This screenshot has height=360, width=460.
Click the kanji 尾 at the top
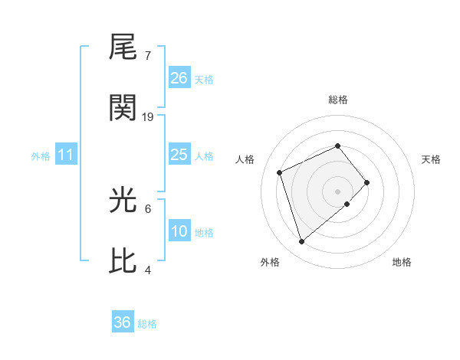[123, 47]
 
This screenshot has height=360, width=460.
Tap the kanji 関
[123, 108]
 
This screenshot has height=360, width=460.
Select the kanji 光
[123, 200]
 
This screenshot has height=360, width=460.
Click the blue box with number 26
[179, 78]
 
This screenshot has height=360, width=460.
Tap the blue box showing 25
[179, 155]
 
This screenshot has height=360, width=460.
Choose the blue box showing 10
[179, 231]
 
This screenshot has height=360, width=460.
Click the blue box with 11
[66, 155]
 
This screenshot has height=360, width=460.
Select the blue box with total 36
[123, 322]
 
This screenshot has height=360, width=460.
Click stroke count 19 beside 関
[148, 117]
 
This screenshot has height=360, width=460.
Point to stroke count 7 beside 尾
[148, 56]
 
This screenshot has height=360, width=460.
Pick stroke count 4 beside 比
[148, 270]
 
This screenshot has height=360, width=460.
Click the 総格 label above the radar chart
[338, 100]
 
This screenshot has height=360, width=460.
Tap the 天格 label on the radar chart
[431, 159]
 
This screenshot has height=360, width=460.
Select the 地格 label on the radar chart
[402, 262]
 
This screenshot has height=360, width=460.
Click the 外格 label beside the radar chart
[270, 262]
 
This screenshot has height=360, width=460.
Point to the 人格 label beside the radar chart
[245, 159]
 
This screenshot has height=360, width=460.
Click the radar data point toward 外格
[301, 242]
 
